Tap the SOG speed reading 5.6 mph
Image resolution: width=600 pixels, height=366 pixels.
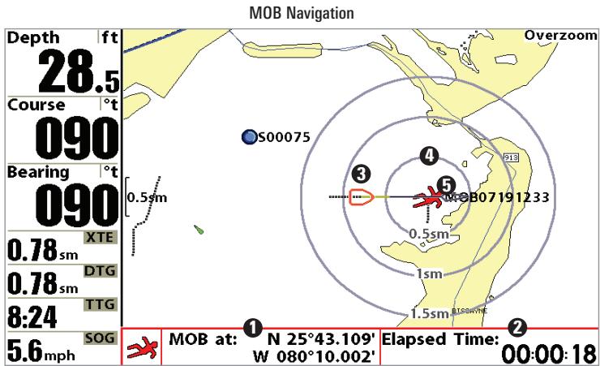tap(45, 349)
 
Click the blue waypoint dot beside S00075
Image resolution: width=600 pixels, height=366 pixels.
tap(248, 137)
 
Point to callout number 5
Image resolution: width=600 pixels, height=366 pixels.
tap(444, 185)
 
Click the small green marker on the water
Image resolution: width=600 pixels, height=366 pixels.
tap(199, 230)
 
